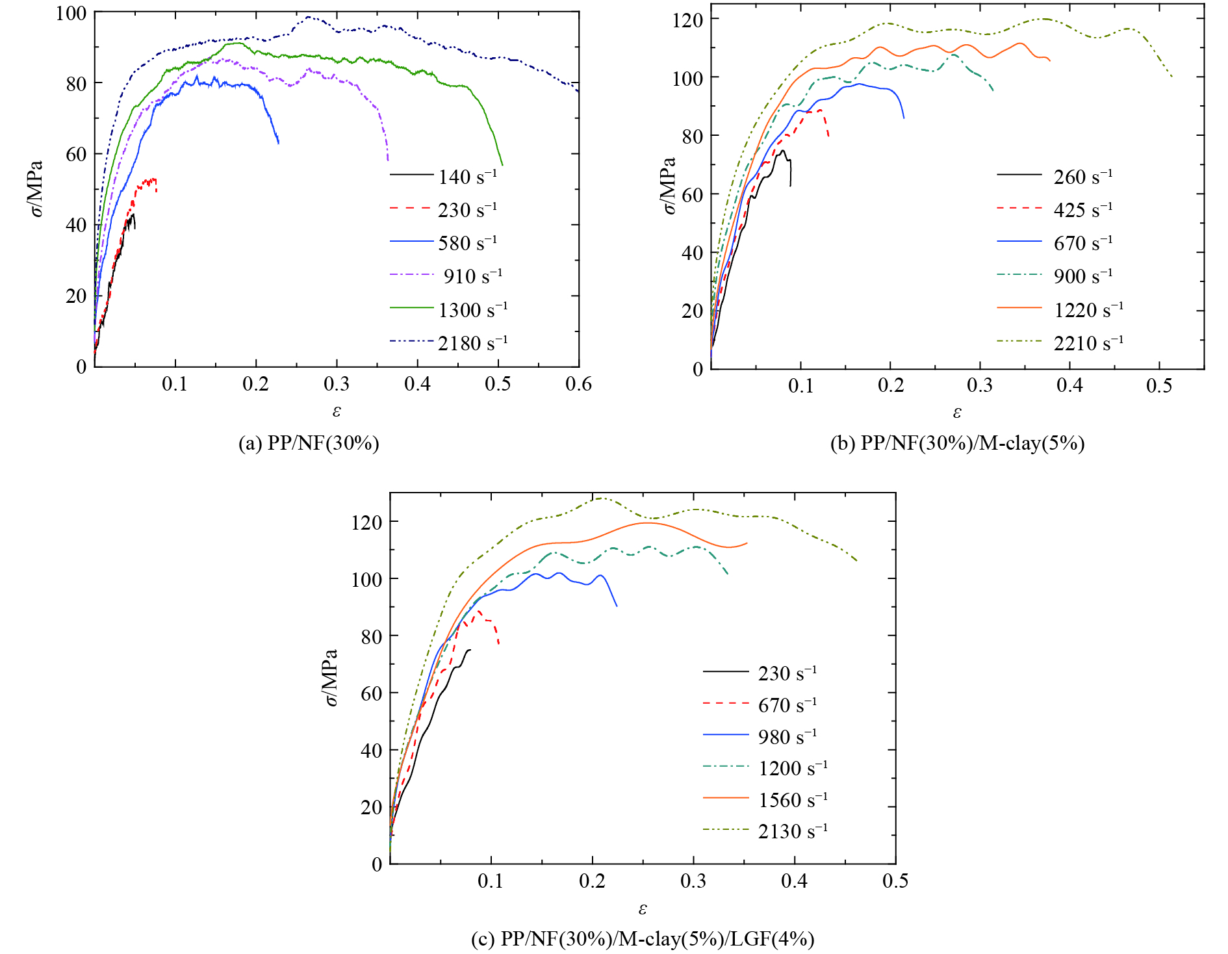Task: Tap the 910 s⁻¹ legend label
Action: [x=472, y=276]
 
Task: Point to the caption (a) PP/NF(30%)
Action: [x=309, y=443]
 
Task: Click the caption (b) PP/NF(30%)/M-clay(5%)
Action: [x=957, y=443]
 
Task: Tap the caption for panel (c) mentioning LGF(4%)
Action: [x=642, y=938]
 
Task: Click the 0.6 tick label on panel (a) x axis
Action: [x=578, y=384]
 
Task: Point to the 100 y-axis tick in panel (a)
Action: [x=71, y=13]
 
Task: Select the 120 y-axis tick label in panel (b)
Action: [x=687, y=20]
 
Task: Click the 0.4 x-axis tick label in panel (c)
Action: [x=794, y=881]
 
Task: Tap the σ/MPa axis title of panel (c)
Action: [x=330, y=677]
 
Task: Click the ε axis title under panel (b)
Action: [x=957, y=412]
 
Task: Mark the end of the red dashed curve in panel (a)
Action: [x=157, y=190]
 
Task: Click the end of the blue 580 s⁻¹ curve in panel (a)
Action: [x=279, y=143]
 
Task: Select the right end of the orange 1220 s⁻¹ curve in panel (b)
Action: [x=1049, y=61]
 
